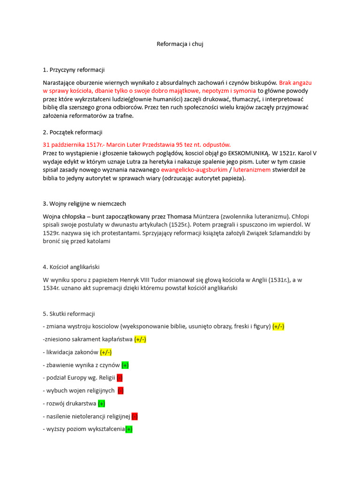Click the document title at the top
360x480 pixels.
[180, 44]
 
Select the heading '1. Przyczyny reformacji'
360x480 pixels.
[74, 70]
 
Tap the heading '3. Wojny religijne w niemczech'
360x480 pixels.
[84, 204]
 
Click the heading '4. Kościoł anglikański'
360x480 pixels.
[71, 267]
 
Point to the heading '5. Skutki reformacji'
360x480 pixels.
[69, 314]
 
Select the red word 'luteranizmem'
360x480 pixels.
[252, 170]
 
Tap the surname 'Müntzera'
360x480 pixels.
[210, 216]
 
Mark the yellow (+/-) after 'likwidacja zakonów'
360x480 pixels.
[105, 352]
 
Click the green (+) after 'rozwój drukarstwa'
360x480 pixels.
[102, 403]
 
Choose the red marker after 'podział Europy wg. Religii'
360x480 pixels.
[120, 378]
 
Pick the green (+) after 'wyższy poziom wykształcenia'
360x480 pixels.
[129, 429]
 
